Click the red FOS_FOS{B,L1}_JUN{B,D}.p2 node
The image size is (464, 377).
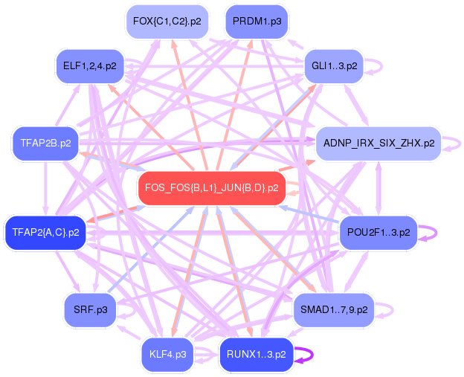212,188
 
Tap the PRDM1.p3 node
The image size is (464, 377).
257,22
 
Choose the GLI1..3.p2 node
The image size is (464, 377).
334,66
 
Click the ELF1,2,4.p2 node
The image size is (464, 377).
90,66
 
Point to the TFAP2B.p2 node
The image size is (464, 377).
45,143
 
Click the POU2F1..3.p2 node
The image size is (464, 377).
378,233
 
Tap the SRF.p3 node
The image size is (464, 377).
90,309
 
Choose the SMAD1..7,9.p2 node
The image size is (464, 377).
334,309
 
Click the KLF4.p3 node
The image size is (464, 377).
167,354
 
